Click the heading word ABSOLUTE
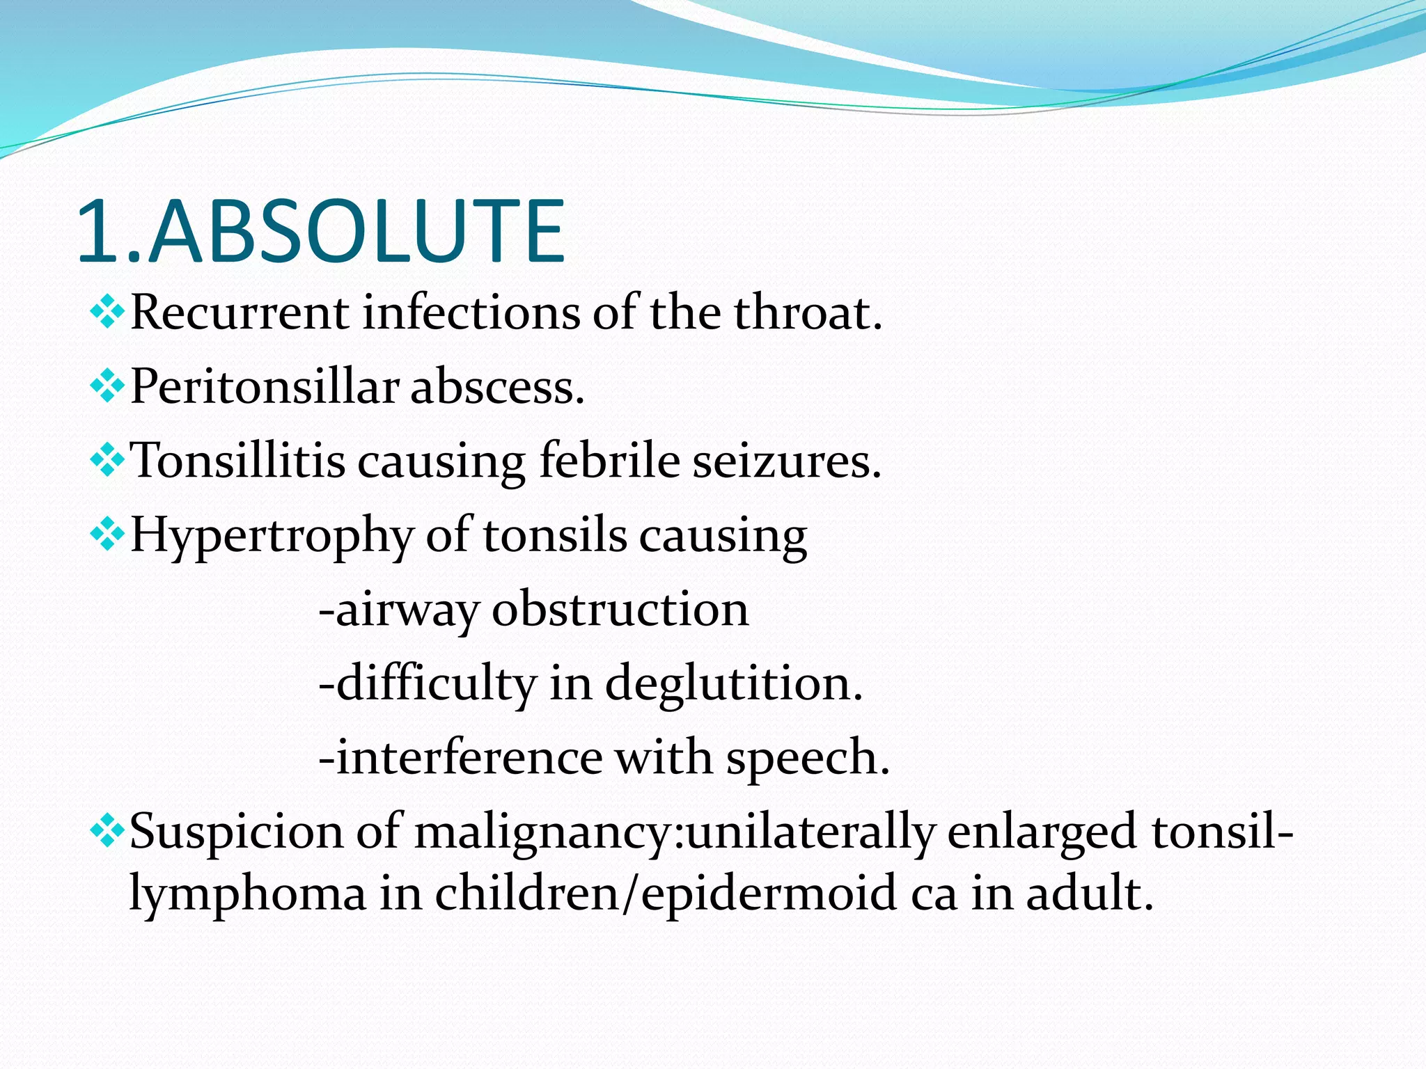(356, 232)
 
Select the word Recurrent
(239, 312)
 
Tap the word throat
(808, 312)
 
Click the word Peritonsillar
(265, 387)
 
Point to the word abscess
(497, 387)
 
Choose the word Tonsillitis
(237, 461)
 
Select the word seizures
(787, 461)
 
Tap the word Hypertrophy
(272, 536)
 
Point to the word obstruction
(620, 610)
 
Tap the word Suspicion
(237, 831)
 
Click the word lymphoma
(248, 894)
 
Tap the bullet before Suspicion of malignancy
(107, 831)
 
